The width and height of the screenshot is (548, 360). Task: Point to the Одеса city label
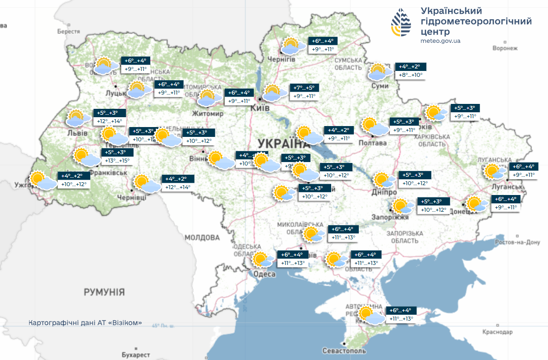(264, 274)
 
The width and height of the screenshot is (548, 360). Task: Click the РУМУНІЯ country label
(104, 292)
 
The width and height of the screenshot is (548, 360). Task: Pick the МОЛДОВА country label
(202, 238)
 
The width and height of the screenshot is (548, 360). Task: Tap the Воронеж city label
(505, 48)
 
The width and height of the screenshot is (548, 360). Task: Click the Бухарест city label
(136, 355)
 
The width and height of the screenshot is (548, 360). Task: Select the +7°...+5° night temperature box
(304, 88)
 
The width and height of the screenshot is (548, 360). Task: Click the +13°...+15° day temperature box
(117, 161)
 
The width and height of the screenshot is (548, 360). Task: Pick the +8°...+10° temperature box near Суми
(411, 75)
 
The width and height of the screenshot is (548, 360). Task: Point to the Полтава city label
(373, 143)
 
